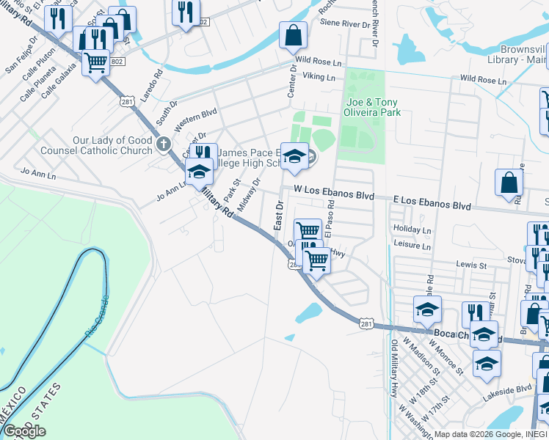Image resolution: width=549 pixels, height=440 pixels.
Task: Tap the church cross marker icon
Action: tap(164, 144)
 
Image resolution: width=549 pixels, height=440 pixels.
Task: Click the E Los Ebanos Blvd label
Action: tap(432, 203)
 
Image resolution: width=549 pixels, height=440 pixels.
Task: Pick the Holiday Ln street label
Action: tap(412, 230)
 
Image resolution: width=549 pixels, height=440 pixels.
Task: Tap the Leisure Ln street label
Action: tap(412, 246)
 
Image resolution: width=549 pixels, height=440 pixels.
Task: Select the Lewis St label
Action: tap(470, 263)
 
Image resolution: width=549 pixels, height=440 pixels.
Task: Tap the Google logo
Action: tap(24, 431)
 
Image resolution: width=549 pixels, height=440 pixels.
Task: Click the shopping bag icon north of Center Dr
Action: tap(293, 34)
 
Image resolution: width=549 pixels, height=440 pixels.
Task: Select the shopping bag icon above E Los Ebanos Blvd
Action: tap(509, 183)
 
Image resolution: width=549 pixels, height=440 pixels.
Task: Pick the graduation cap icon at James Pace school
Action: tap(294, 155)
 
